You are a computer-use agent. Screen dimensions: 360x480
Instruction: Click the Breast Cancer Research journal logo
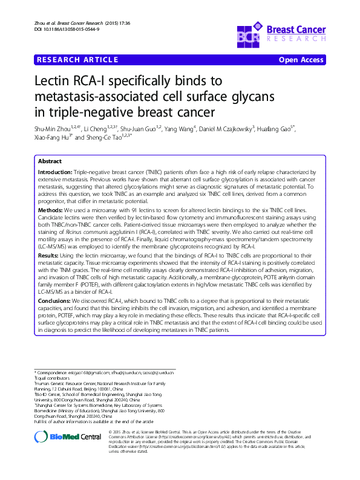tap(282, 32)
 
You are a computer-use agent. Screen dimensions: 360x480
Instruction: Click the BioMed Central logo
tap(68, 436)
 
